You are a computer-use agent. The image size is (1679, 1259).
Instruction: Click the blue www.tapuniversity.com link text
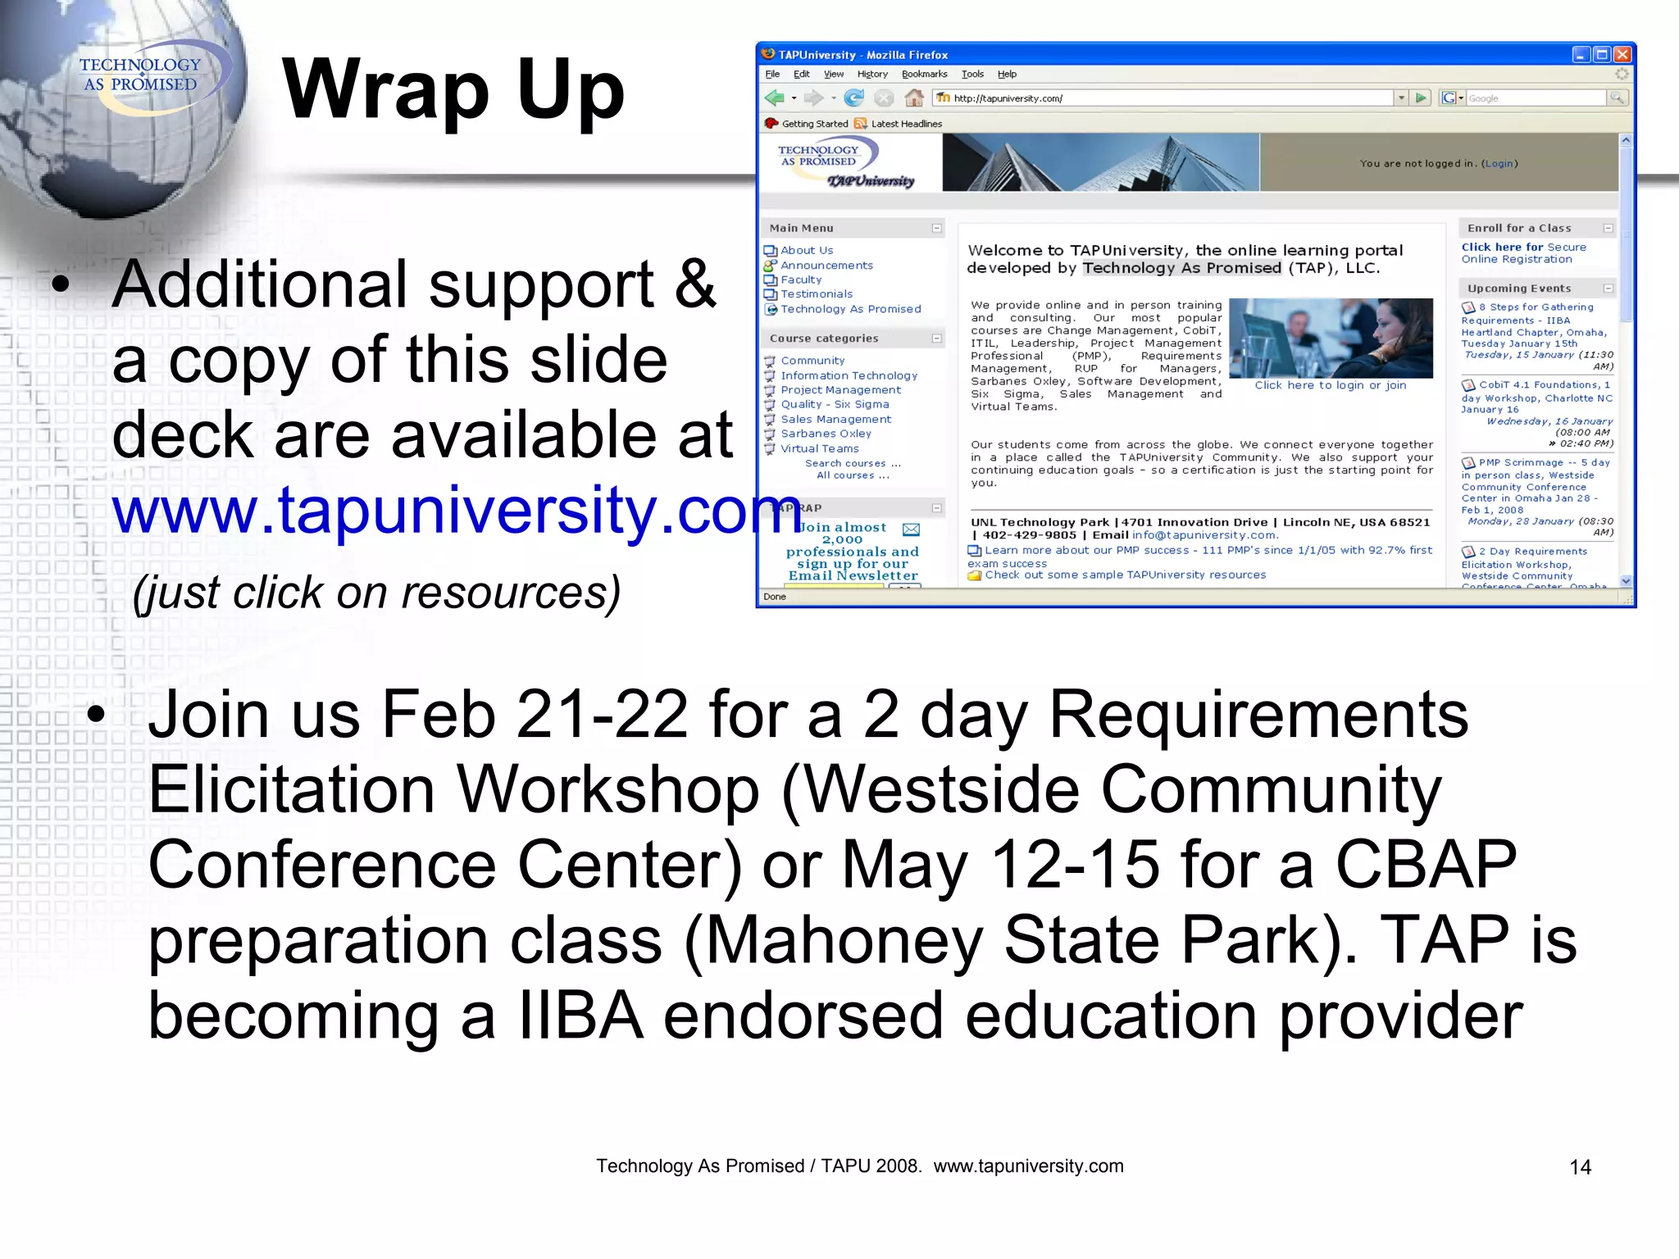[455, 510]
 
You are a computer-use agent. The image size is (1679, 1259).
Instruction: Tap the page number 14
[1580, 1167]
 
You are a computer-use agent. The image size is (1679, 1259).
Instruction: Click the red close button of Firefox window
[1622, 55]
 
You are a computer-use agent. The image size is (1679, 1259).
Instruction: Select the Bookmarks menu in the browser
[924, 74]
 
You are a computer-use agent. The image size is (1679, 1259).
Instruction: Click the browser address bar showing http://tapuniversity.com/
[1164, 98]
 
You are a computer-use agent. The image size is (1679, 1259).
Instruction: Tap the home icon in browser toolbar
[914, 98]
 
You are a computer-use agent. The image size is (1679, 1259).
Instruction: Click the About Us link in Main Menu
[807, 251]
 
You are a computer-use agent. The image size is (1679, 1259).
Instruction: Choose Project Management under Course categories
[840, 390]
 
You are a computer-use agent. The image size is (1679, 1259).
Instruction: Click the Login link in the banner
[1499, 164]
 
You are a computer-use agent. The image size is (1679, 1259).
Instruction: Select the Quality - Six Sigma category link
[835, 405]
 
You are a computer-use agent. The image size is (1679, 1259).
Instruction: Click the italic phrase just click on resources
[376, 592]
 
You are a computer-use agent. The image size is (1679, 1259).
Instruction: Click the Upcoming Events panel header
[1519, 289]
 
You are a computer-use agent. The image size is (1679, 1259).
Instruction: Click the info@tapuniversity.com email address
[1204, 535]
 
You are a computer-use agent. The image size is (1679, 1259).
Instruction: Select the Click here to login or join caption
[1330, 385]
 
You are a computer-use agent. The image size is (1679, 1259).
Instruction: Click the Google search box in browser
[1535, 98]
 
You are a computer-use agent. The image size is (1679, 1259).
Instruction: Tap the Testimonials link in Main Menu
[817, 294]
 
